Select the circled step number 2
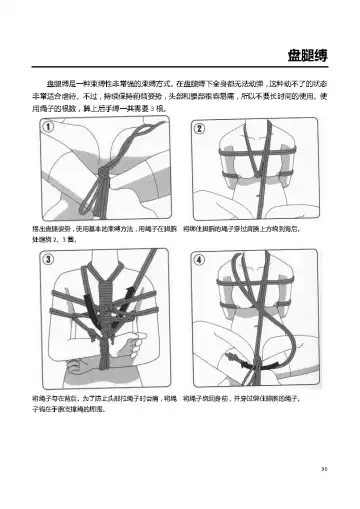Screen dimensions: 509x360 click(198, 129)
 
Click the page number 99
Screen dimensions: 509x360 click(337, 466)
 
